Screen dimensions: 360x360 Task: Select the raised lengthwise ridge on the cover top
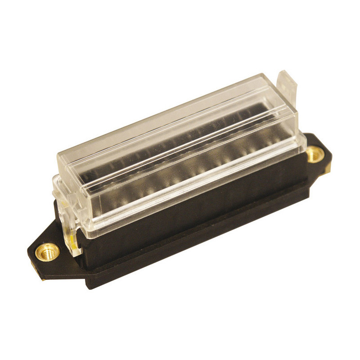pyautogui.click(x=180, y=135)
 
